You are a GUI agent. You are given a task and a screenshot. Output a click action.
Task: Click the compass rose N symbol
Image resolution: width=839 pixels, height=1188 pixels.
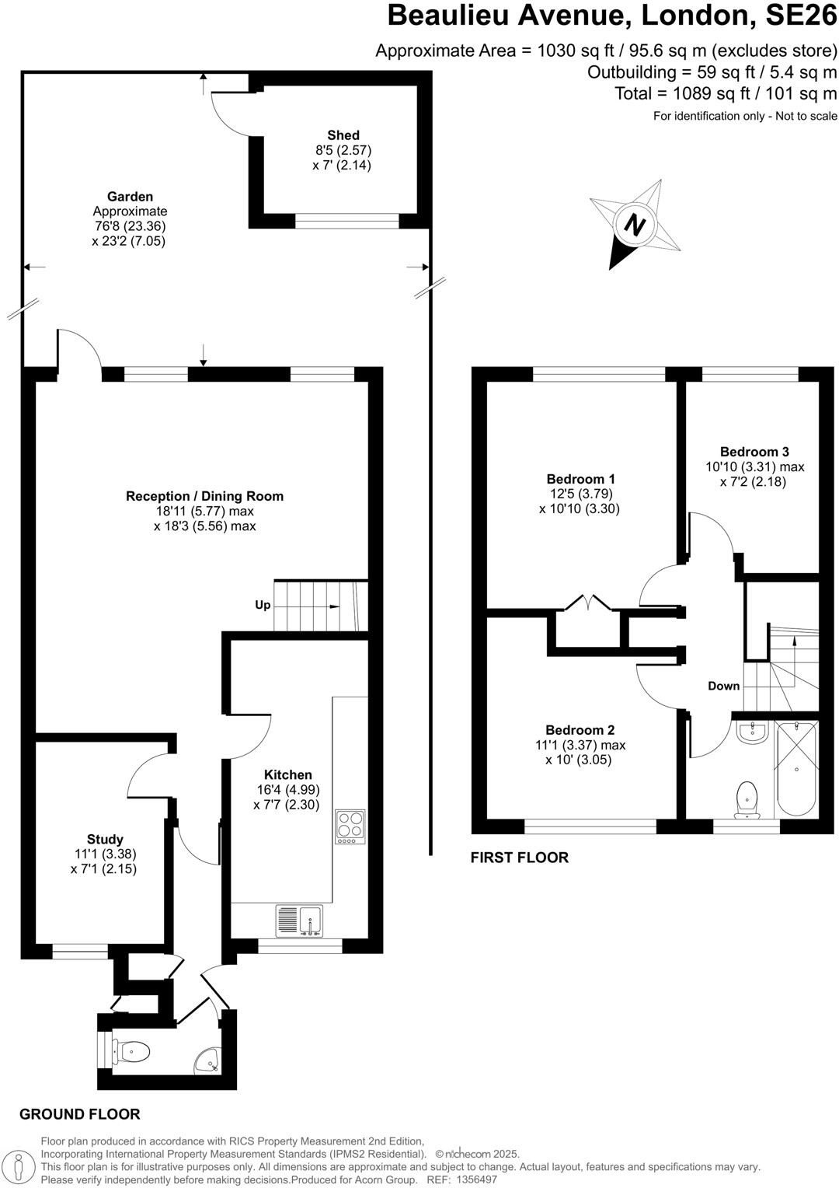pyautogui.click(x=635, y=225)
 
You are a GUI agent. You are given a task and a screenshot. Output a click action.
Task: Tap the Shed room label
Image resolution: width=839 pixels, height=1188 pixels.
pyautogui.click(x=343, y=135)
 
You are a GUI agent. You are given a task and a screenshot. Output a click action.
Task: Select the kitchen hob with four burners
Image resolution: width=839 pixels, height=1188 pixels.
pyautogui.click(x=350, y=827)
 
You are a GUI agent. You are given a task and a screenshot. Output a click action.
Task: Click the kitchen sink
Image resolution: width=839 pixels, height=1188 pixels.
pyautogui.click(x=300, y=921)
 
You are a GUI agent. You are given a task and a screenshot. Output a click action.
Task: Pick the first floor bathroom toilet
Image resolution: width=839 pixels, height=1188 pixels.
pyautogui.click(x=747, y=798)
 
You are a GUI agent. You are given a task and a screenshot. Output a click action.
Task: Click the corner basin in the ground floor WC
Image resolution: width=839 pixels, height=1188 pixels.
pyautogui.click(x=208, y=1060)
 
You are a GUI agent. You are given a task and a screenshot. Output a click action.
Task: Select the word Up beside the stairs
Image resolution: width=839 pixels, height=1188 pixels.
pyautogui.click(x=263, y=605)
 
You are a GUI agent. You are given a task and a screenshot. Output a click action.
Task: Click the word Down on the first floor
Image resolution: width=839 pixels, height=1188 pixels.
pyautogui.click(x=723, y=686)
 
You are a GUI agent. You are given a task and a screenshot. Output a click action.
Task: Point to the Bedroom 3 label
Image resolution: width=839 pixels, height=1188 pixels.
pyautogui.click(x=754, y=452)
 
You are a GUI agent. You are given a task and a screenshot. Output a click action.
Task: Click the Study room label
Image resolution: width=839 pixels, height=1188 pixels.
pyautogui.click(x=105, y=839)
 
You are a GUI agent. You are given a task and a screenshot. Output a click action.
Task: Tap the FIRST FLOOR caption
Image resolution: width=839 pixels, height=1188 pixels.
pyautogui.click(x=520, y=858)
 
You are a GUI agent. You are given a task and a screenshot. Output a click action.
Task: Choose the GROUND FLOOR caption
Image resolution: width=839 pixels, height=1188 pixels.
pyautogui.click(x=80, y=1114)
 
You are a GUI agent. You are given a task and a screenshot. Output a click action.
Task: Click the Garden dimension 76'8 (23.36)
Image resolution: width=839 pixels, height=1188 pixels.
pyautogui.click(x=129, y=226)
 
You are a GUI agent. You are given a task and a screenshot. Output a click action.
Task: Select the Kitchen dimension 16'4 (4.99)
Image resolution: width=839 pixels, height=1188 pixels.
pyautogui.click(x=288, y=790)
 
